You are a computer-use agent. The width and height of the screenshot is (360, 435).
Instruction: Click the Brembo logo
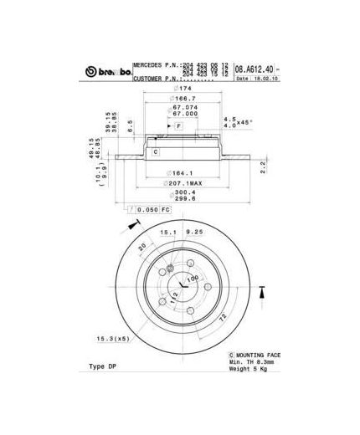(108, 73)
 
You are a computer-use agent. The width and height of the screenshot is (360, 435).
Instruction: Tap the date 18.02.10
(265, 79)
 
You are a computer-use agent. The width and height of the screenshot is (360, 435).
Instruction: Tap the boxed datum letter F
(178, 125)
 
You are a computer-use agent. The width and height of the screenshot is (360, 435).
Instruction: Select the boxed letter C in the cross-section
(155, 151)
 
